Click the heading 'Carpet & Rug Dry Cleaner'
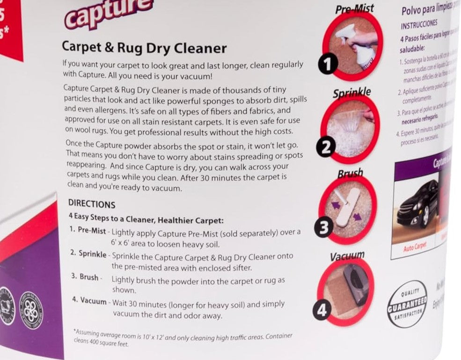pos(144,48)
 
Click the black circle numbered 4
pos(323,310)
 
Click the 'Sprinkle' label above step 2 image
pos(351,92)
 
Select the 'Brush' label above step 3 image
pos(351,174)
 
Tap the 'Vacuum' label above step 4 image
pos(347,256)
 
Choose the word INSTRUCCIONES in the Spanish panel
pos(419,24)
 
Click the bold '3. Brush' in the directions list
pos(84,277)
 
